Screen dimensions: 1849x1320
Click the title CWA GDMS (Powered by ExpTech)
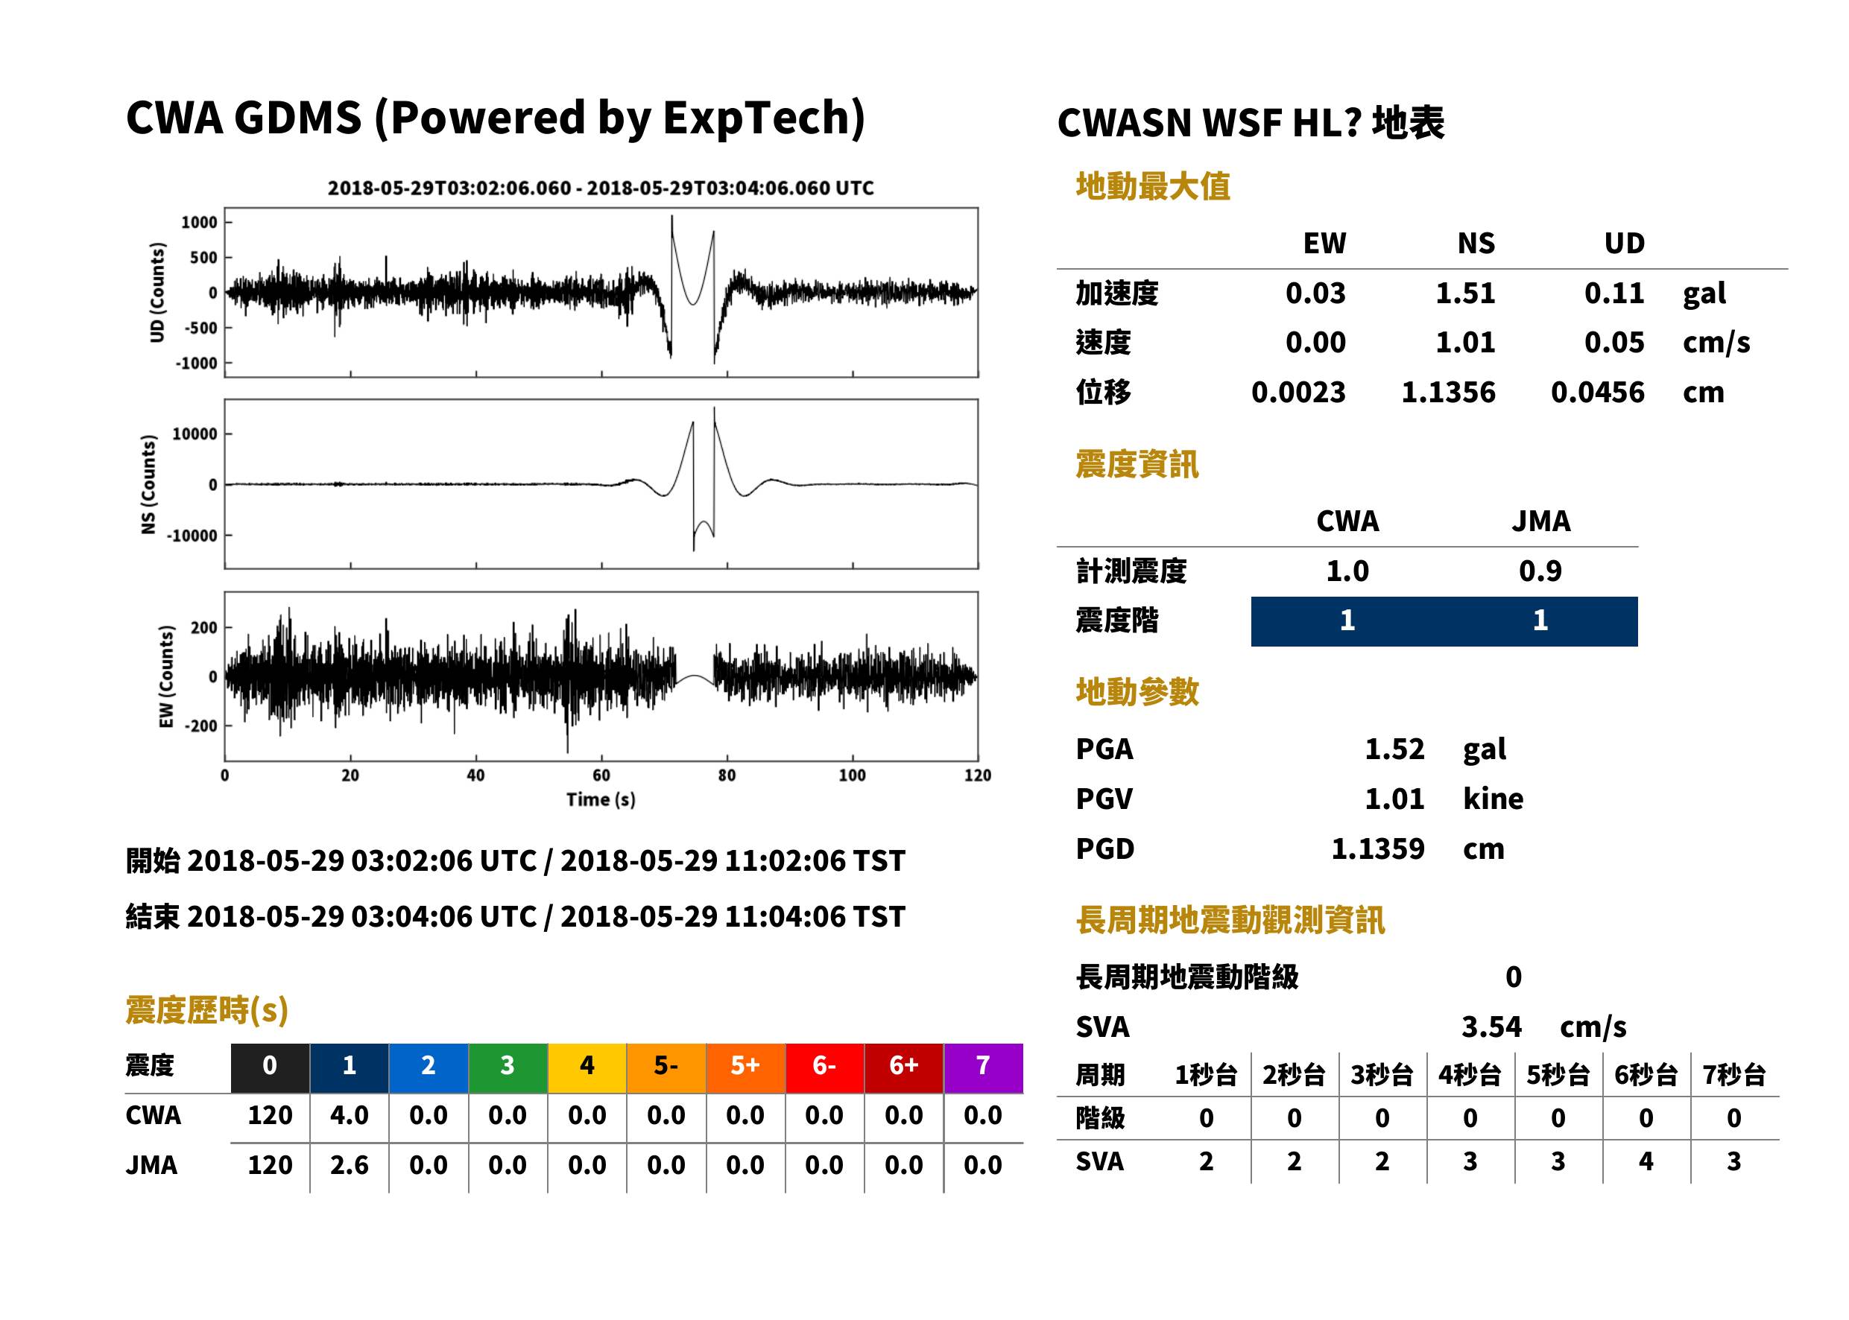tap(495, 118)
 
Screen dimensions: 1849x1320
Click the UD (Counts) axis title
tap(157, 293)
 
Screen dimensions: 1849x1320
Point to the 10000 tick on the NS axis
tap(195, 434)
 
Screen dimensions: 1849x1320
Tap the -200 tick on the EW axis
tap(200, 726)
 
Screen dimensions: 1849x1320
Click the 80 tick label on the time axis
tap(727, 775)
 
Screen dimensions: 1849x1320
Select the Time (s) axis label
tap(601, 800)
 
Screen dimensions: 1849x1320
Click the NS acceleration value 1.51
tap(1465, 293)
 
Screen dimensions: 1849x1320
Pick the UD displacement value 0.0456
tap(1598, 393)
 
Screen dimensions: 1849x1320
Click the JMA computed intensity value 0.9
tap(1540, 571)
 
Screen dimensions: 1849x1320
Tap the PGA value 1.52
tap(1394, 749)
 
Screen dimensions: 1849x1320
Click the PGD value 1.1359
tap(1378, 849)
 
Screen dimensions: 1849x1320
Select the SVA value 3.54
tap(1491, 1027)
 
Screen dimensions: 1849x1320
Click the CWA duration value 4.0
tap(349, 1116)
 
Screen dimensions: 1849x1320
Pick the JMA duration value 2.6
tap(349, 1166)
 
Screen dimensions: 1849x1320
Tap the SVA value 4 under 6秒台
tap(1646, 1161)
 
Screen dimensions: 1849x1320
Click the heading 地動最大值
tap(1153, 187)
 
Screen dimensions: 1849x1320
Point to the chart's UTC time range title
tap(601, 188)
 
